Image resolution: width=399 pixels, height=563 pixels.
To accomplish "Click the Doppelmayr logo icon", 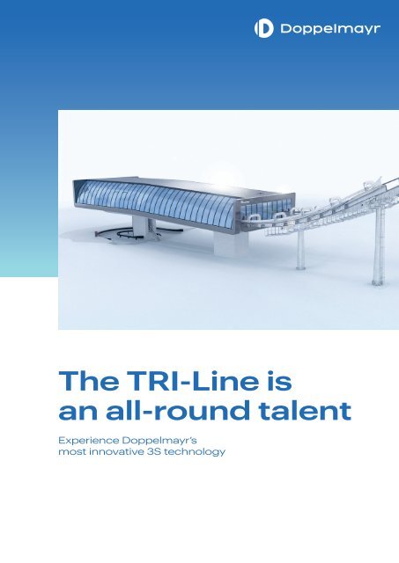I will click(263, 30).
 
